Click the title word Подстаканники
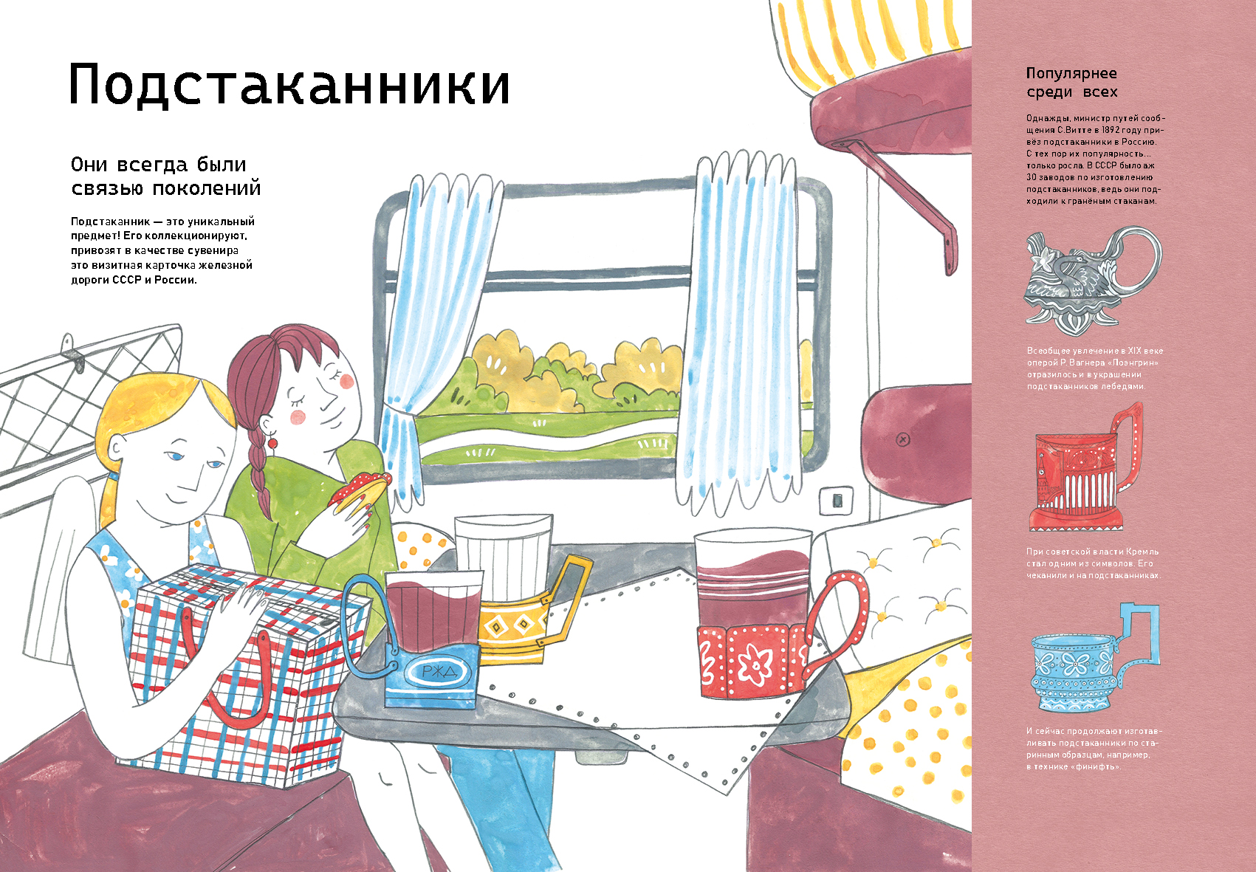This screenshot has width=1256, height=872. (x=289, y=85)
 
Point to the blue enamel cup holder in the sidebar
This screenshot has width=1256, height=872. (x=1094, y=657)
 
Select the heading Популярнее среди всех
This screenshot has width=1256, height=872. (x=1071, y=83)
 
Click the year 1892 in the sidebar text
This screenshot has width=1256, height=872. (x=1125, y=130)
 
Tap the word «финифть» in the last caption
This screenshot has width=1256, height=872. (x=1094, y=766)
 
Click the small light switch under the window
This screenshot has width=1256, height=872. (x=837, y=499)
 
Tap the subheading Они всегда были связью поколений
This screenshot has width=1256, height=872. (x=166, y=176)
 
